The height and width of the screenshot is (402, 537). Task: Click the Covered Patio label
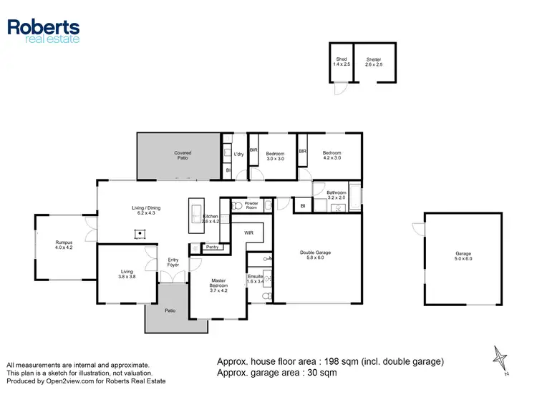click(x=183, y=155)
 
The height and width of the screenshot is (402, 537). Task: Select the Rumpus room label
click(x=64, y=244)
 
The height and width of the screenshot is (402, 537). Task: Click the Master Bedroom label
click(x=218, y=285)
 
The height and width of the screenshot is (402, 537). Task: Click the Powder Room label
click(x=251, y=205)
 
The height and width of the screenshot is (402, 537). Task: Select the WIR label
click(x=248, y=232)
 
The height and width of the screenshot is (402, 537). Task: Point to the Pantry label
click(x=212, y=247)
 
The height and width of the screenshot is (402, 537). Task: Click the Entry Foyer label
click(x=173, y=262)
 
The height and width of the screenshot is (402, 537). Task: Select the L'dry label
click(x=239, y=155)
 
